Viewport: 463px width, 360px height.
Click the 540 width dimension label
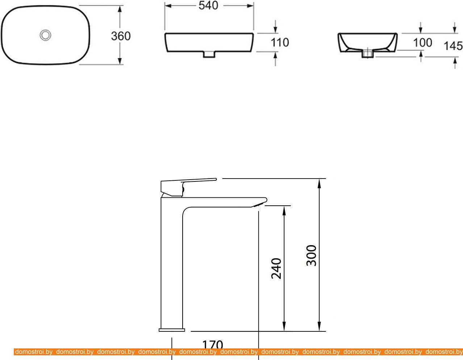coord(208,5)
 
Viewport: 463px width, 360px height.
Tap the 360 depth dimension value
coord(121,36)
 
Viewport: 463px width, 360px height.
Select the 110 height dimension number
coord(280,42)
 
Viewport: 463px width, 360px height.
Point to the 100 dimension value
coord(422,43)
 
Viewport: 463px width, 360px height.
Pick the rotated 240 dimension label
coord(276,268)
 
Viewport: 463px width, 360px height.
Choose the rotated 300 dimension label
coord(311,255)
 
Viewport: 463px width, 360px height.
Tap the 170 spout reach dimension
coord(212,345)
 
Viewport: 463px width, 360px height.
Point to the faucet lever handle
coord(188,187)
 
